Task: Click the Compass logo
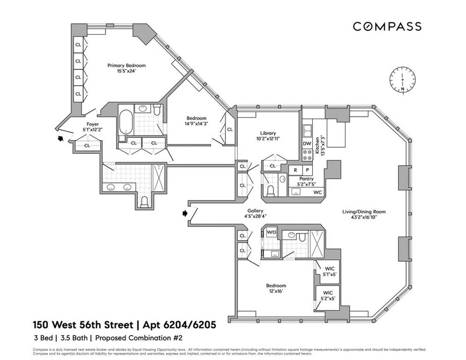click(387, 26)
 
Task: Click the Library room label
click(268, 133)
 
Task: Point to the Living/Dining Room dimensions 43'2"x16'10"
click(363, 217)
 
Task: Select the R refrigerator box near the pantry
click(295, 170)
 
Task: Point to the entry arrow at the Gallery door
click(185, 213)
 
